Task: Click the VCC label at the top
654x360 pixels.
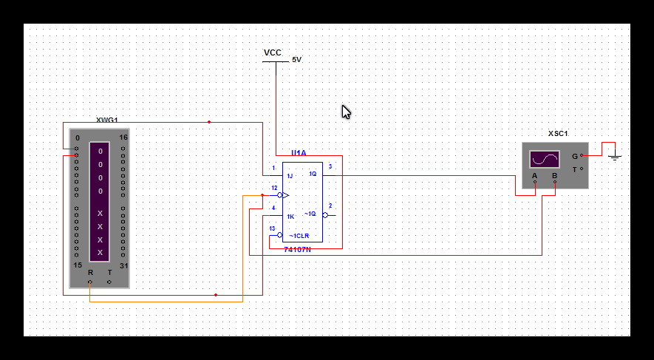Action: point(273,52)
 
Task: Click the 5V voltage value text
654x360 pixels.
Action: point(296,59)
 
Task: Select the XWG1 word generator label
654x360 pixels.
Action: point(107,120)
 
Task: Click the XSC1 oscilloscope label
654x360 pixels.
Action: point(558,134)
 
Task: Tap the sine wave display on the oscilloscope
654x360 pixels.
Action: point(545,160)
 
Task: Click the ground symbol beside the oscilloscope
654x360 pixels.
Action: point(616,157)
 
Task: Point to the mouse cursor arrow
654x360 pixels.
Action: point(345,112)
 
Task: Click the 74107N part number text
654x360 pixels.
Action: point(298,249)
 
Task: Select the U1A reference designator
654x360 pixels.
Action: point(299,153)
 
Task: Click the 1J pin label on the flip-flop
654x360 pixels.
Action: point(290,176)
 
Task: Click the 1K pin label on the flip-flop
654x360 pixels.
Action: point(290,217)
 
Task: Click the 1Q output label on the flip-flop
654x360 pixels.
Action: point(313,174)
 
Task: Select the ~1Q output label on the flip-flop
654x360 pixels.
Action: point(310,214)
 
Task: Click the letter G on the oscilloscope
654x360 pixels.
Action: point(575,156)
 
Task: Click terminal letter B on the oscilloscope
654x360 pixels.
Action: point(555,177)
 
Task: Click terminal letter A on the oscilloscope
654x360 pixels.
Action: point(534,177)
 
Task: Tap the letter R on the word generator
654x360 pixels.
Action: point(90,272)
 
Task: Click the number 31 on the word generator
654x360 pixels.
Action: point(123,265)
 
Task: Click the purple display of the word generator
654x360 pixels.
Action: point(101,202)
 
